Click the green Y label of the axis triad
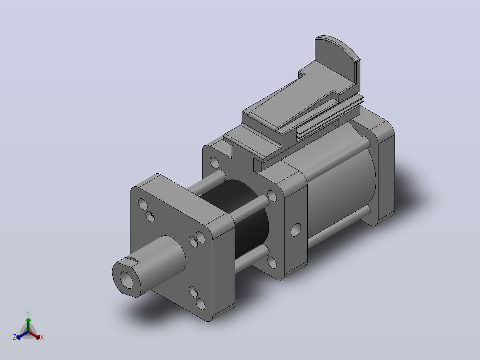point(28,313)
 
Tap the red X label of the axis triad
point(42,337)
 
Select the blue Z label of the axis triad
point(15,337)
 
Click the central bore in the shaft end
point(126,279)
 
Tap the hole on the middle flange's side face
point(296,229)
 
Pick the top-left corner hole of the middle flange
point(214,163)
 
